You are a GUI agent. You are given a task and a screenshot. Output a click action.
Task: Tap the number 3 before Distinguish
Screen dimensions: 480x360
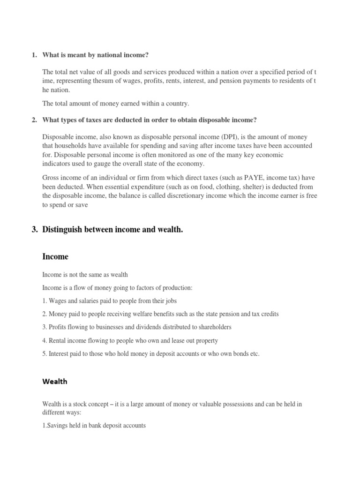coord(34,230)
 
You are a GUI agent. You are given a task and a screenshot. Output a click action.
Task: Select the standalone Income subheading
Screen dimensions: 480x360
coord(55,256)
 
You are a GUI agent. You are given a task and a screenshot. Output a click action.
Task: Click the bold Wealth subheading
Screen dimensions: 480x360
coord(55,381)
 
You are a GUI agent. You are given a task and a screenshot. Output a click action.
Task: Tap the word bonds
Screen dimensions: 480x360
coord(240,354)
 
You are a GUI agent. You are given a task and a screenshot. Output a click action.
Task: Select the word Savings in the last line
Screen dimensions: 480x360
coord(58,425)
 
